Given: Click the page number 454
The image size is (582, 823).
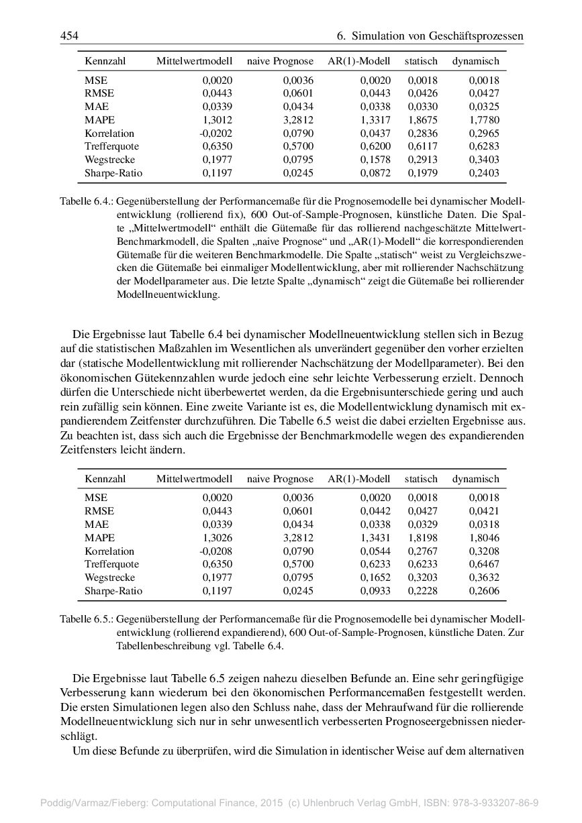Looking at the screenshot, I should coord(69,35).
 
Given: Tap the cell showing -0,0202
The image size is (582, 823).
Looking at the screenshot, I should coord(215,133).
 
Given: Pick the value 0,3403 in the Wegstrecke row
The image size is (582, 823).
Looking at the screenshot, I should coord(484,160).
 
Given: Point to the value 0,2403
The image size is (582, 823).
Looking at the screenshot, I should coord(484,173).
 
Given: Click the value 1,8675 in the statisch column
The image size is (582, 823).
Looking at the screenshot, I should coord(423,120).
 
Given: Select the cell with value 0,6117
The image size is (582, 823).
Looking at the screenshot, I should coord(423,146).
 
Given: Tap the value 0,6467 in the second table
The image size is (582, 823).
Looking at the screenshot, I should coord(484,564).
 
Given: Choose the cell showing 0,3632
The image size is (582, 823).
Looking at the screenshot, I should coord(484,578).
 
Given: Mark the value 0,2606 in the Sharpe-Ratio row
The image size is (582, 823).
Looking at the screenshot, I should coord(484,591).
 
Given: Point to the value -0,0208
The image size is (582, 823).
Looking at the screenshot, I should coord(215,551).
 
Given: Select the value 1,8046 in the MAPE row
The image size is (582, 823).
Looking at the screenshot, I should coord(484,538).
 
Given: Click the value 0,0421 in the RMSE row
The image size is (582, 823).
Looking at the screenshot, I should coord(484,511).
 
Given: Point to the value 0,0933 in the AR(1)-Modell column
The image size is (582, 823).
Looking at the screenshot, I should coord(376,591).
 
